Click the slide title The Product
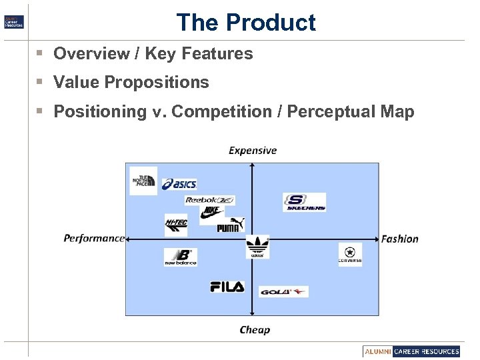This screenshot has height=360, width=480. point(245,23)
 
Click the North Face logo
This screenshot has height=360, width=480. point(143,181)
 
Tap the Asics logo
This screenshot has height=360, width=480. point(179,184)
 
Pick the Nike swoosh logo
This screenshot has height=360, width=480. point(211,212)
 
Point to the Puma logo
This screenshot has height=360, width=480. point(231,225)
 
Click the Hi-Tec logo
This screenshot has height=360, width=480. point(176,225)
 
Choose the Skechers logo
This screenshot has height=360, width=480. point(305,203)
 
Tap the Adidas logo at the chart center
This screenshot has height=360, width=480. point(257,247)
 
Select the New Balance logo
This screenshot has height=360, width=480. point(181,257)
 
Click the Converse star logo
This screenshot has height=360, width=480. point(350,255)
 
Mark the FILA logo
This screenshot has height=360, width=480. point(227,287)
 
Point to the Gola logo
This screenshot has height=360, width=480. point(284,291)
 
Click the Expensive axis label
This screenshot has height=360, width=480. point(253,151)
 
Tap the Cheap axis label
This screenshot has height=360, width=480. point(255,329)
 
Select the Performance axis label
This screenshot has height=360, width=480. point(94,239)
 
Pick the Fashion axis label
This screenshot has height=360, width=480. point(400,239)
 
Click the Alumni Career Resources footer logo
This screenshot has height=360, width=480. point(412,351)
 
